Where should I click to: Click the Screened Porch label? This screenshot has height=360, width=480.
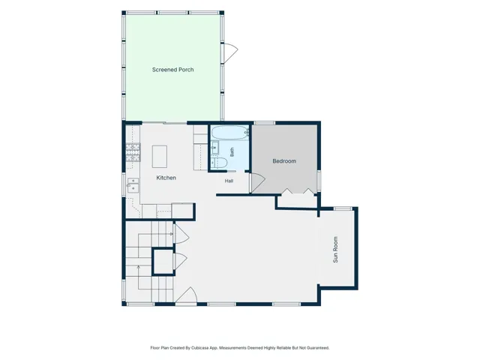click(x=172, y=70)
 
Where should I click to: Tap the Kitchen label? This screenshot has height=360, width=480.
click(x=166, y=178)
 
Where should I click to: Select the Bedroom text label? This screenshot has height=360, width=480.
click(x=284, y=161)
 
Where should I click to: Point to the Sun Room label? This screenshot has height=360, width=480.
click(x=335, y=250)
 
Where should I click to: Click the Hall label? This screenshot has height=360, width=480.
click(x=229, y=181)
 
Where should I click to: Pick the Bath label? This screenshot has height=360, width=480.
click(x=232, y=152)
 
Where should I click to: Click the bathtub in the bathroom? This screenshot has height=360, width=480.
click(x=230, y=133)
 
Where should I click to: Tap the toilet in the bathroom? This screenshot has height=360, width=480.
click(x=219, y=163)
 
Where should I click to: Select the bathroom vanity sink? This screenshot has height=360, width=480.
click(x=214, y=148)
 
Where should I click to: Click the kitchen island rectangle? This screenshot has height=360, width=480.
click(x=160, y=157)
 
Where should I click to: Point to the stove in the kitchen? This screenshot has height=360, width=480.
click(x=133, y=152)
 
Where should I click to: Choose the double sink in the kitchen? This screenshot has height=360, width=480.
click(x=133, y=185)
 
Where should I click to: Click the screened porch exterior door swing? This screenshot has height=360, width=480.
click(x=231, y=53)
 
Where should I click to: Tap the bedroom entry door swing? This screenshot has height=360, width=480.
click(x=258, y=183)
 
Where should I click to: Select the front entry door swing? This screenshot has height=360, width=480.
click(x=187, y=295)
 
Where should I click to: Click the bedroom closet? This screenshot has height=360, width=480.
click(x=297, y=201)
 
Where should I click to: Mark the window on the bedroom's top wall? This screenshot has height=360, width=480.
click(x=265, y=123)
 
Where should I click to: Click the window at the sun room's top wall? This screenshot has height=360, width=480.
click(x=343, y=208)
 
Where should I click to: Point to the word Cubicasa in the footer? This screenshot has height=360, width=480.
click(x=199, y=348)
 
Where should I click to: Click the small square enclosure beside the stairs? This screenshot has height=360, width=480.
click(x=163, y=262)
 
